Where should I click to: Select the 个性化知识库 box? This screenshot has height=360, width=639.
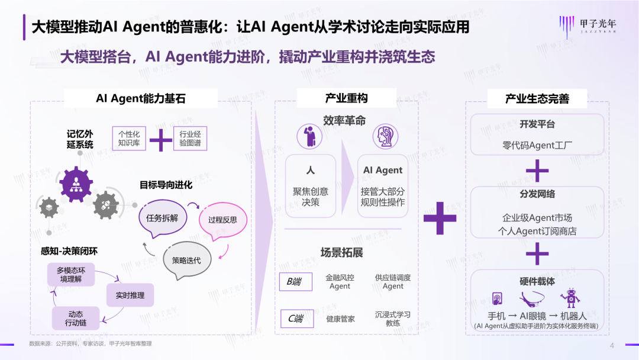tap(129, 139)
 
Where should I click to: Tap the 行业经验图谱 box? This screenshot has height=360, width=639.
tap(190, 139)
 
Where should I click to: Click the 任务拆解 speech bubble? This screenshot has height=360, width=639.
tap(162, 218)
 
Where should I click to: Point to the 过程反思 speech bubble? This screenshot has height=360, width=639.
tap(222, 220)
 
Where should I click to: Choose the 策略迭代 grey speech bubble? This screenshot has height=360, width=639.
tap(186, 261)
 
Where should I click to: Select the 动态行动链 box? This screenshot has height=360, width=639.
tap(76, 319)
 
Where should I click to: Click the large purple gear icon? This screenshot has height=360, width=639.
tap(76, 184)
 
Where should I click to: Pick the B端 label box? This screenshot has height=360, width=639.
tap(295, 282)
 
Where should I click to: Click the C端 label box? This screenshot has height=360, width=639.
tap(296, 319)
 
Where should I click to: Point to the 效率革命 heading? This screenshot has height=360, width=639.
tap(344, 121)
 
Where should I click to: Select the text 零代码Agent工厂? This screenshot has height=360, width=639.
tap(537, 145)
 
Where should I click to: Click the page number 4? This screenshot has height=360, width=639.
tap(612, 346)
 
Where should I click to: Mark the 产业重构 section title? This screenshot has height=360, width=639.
tap(346, 98)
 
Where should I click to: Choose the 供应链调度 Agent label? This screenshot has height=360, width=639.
tap(393, 282)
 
